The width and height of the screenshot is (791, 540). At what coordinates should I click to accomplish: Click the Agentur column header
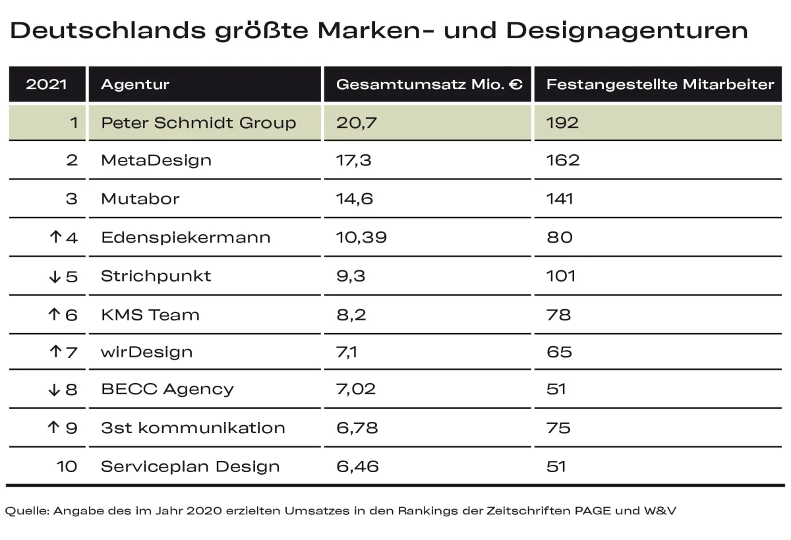(x=135, y=84)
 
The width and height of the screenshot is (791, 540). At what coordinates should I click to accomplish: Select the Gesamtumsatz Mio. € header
(x=429, y=84)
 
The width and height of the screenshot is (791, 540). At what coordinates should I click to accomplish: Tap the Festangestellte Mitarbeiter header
(x=660, y=84)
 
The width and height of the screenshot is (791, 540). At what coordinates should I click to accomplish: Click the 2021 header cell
(x=46, y=84)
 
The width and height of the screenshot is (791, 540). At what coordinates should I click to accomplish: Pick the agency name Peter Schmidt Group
(x=198, y=123)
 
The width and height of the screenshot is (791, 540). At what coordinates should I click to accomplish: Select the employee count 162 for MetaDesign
(x=563, y=160)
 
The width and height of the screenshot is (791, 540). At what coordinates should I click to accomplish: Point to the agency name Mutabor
(x=140, y=199)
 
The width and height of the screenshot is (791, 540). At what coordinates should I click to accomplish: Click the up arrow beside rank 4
(x=55, y=237)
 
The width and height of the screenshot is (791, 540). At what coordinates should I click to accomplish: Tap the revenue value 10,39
(x=361, y=237)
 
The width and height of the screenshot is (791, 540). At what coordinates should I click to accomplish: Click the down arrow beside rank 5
(x=55, y=277)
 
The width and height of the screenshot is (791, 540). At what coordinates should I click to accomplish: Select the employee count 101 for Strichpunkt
(x=561, y=276)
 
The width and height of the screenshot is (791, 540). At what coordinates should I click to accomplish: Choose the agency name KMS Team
(x=150, y=315)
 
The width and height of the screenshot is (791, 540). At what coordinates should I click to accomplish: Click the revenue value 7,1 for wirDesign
(x=347, y=352)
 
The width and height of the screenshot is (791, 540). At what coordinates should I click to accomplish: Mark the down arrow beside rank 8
(x=55, y=390)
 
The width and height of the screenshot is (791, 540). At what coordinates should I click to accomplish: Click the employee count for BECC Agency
(x=556, y=389)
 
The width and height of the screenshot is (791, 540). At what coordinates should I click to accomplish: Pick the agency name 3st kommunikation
(x=193, y=428)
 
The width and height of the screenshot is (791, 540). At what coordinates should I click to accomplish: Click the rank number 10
(x=67, y=467)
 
